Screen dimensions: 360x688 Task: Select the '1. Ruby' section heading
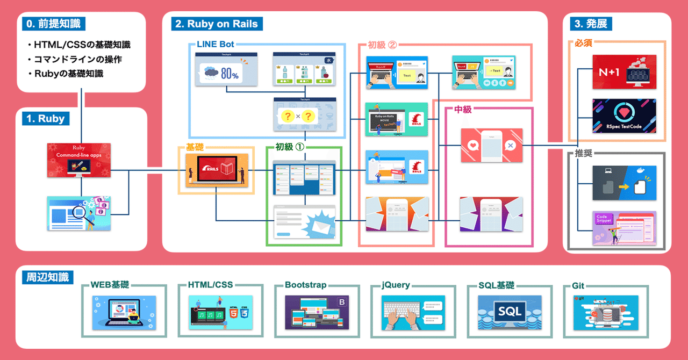tap(46, 119)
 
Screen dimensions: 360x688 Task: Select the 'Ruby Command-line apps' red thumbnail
tap(78, 160)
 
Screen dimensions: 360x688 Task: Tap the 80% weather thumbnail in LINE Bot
tap(226, 70)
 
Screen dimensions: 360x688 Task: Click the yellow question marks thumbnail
tap(305, 114)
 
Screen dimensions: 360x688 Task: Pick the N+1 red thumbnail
tap(624, 71)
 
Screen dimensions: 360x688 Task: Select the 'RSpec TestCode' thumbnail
tap(624, 116)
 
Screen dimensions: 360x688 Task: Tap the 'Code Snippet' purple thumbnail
tap(624, 228)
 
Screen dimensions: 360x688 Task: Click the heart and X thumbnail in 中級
tap(492, 145)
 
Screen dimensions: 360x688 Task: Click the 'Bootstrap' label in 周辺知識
tap(305, 285)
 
